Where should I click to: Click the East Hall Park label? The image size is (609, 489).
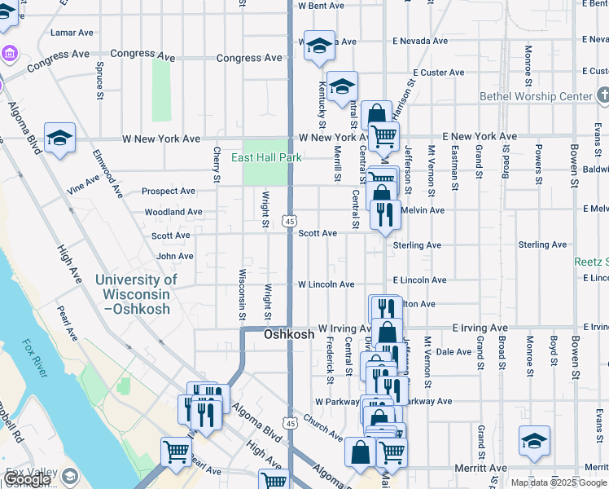click(x=266, y=157)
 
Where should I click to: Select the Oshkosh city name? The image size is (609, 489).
click(x=288, y=334)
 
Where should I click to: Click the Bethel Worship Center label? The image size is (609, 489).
click(x=537, y=96)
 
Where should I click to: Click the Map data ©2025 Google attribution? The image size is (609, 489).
click(x=559, y=482)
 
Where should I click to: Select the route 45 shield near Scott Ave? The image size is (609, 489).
click(x=290, y=220)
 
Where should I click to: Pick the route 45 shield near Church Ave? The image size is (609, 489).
click(x=290, y=422)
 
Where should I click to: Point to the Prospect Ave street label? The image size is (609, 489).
click(x=169, y=192)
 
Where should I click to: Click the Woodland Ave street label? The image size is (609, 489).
click(x=173, y=212)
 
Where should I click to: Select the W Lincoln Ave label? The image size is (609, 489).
click(x=326, y=284)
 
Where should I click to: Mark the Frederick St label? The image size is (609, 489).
click(x=330, y=359)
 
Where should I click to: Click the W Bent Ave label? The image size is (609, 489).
click(x=321, y=6)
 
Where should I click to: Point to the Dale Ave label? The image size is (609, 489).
click(x=453, y=352)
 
